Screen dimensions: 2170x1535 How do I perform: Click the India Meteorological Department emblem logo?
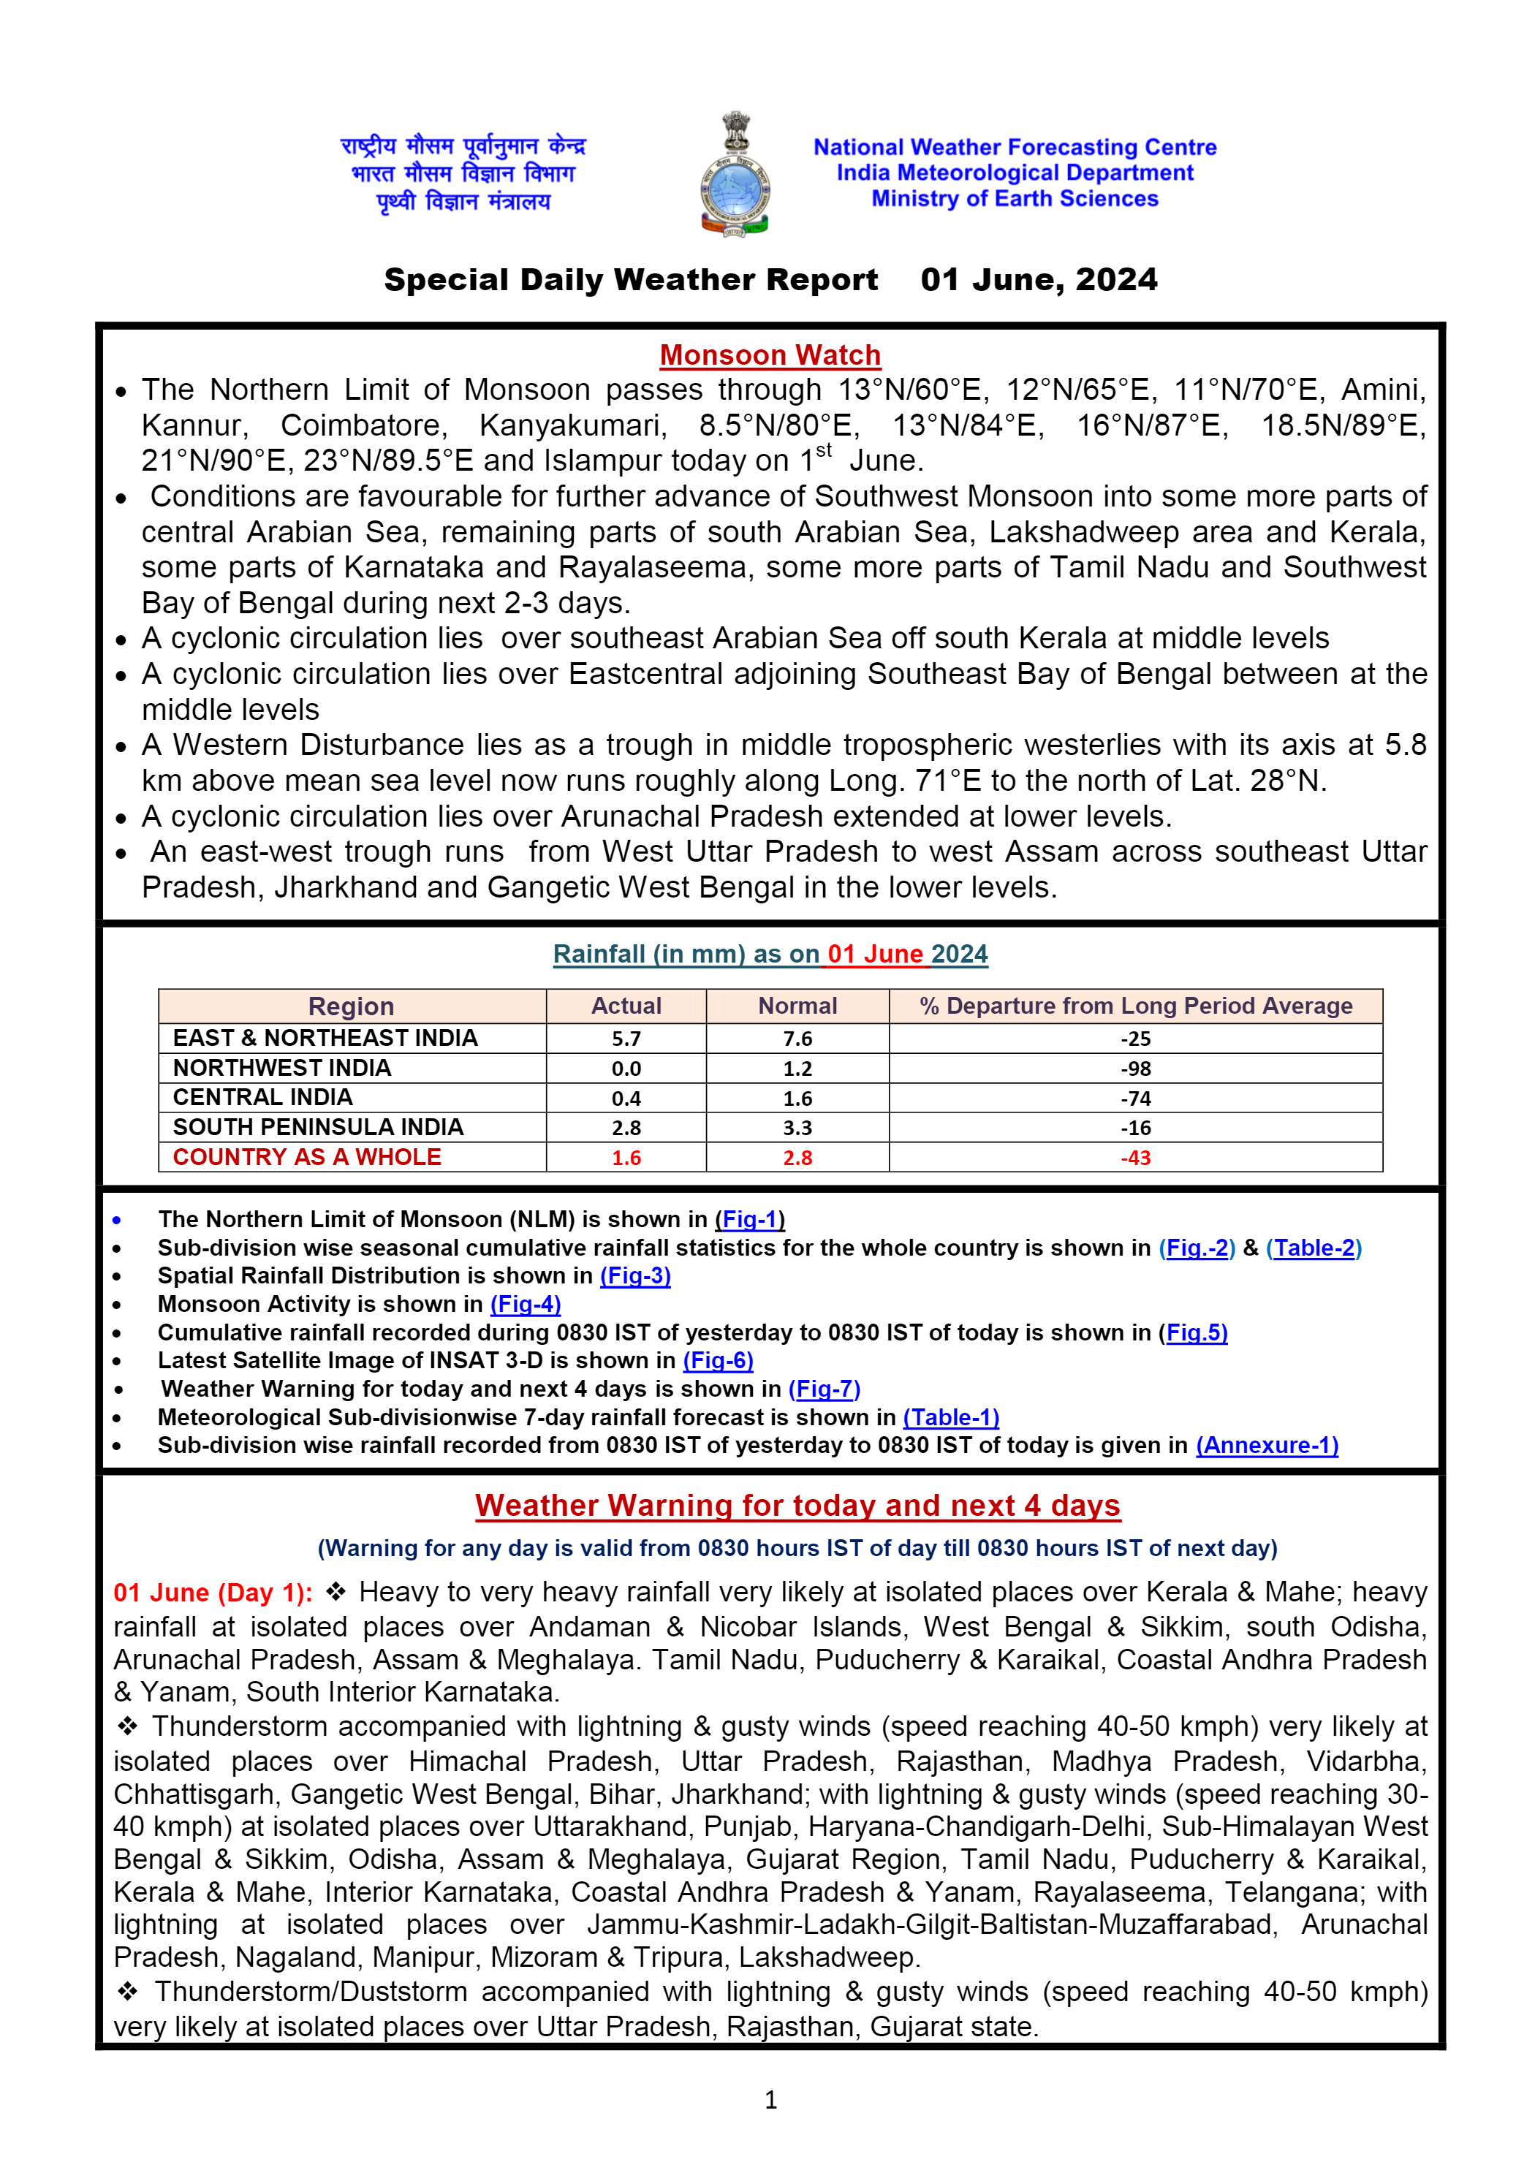click(x=735, y=174)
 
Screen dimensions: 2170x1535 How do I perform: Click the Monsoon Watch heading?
click(x=770, y=355)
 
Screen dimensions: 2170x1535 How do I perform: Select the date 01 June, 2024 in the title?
click(x=1038, y=280)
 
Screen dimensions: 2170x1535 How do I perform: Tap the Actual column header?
click(x=626, y=1006)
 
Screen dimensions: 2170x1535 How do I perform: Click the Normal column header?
click(x=797, y=1006)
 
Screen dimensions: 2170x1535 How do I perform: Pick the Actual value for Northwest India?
click(x=626, y=1069)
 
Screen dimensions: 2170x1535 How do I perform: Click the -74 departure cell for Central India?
click(x=1135, y=1099)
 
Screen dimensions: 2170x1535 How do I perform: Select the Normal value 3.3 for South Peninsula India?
click(x=797, y=1128)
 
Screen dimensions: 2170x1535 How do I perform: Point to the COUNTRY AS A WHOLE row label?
click(x=307, y=1157)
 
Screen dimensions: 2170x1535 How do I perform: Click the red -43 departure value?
click(x=1135, y=1158)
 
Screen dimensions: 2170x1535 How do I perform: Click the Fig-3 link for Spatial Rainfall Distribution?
click(x=635, y=1276)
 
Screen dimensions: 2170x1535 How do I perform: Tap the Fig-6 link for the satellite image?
click(x=719, y=1360)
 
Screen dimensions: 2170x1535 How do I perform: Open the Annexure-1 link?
click(x=1267, y=1445)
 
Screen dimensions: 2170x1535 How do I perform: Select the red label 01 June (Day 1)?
click(x=213, y=1593)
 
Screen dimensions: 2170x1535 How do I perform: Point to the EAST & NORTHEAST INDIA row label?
click(x=325, y=1039)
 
